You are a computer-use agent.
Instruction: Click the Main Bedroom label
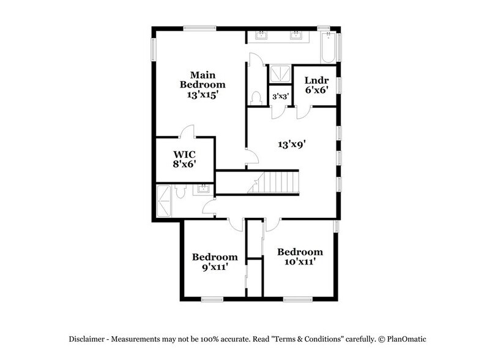(x=202, y=84)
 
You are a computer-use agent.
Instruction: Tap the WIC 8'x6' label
(x=184, y=159)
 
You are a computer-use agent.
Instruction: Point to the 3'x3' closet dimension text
(x=280, y=96)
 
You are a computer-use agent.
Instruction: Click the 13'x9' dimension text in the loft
(x=291, y=144)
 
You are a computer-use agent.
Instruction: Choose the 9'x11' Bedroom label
(x=214, y=261)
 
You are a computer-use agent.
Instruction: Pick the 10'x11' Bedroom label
(x=300, y=257)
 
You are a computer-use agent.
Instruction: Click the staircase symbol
(x=275, y=183)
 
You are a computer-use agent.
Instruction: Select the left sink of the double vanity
(x=263, y=35)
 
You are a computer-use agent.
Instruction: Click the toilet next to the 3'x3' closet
(x=257, y=98)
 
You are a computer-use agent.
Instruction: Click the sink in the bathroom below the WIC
(x=203, y=190)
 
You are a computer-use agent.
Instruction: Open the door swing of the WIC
(x=188, y=131)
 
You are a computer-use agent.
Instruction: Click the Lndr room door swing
(x=304, y=113)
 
